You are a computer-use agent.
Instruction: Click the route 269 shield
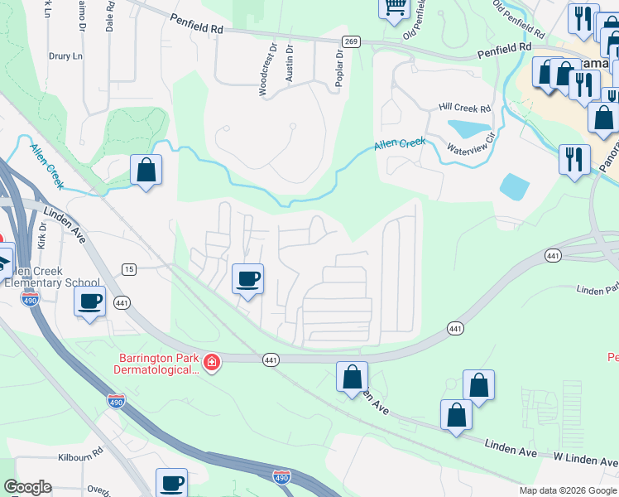click(x=352, y=41)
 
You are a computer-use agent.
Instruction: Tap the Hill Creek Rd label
click(x=465, y=108)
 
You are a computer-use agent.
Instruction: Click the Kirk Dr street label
click(x=42, y=241)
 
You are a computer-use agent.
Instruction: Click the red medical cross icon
click(x=212, y=363)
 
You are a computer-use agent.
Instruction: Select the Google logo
click(x=27, y=487)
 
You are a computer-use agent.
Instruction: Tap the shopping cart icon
click(x=395, y=7)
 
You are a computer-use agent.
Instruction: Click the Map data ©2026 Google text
click(x=568, y=490)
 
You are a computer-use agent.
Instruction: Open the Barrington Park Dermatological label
click(x=158, y=364)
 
